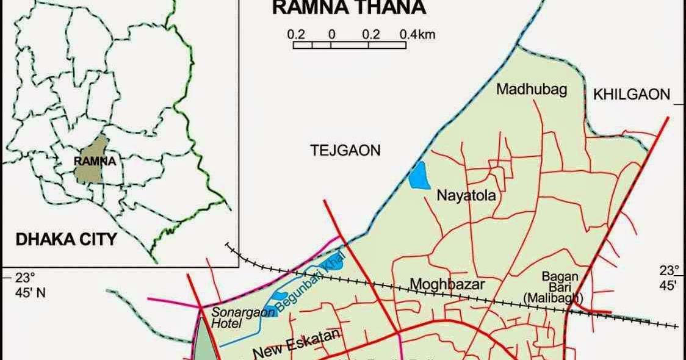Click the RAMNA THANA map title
[348, 9]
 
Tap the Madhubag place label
[531, 90]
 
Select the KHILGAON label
[631, 94]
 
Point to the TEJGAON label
[345, 150]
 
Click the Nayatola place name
[466, 196]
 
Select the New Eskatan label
[295, 345]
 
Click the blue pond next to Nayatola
[419, 176]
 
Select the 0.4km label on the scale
[417, 35]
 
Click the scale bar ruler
[349, 45]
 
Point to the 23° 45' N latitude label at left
[30, 285]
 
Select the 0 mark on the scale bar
[331, 35]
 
